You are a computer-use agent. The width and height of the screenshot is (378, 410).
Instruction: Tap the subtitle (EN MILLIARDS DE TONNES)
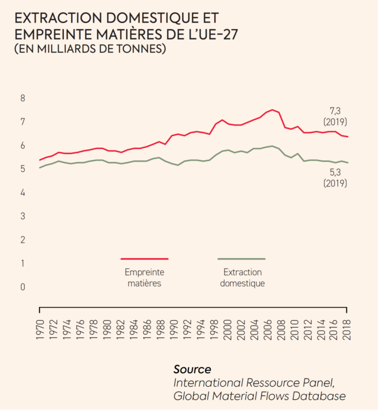pyautogui.click(x=90, y=49)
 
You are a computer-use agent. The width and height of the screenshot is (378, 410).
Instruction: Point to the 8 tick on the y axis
pyautogui.click(x=22, y=98)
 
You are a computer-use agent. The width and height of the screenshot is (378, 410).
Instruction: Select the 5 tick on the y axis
pyautogui.click(x=22, y=169)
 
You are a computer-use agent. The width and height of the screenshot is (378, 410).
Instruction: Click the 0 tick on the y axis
pyautogui.click(x=22, y=287)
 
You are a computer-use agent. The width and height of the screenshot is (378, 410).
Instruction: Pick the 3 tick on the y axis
pyautogui.click(x=22, y=216)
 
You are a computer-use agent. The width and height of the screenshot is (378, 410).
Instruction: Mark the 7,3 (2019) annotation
pyautogui.click(x=335, y=116)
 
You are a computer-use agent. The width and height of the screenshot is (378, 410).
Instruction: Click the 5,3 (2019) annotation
pyautogui.click(x=335, y=178)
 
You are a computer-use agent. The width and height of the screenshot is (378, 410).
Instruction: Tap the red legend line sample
pyautogui.click(x=144, y=259)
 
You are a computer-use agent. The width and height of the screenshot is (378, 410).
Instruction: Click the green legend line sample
pyautogui.click(x=242, y=259)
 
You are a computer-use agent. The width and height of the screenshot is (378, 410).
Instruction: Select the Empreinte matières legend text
pyautogui.click(x=144, y=277)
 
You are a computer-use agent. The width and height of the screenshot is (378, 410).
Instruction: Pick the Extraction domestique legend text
pyautogui.click(x=242, y=277)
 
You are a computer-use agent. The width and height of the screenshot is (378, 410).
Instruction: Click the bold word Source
pyautogui.click(x=192, y=369)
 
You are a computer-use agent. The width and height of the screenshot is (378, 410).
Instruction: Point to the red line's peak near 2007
pyautogui.click(x=272, y=110)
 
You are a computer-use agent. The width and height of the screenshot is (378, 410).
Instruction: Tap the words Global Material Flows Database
pyautogui.click(x=260, y=396)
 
